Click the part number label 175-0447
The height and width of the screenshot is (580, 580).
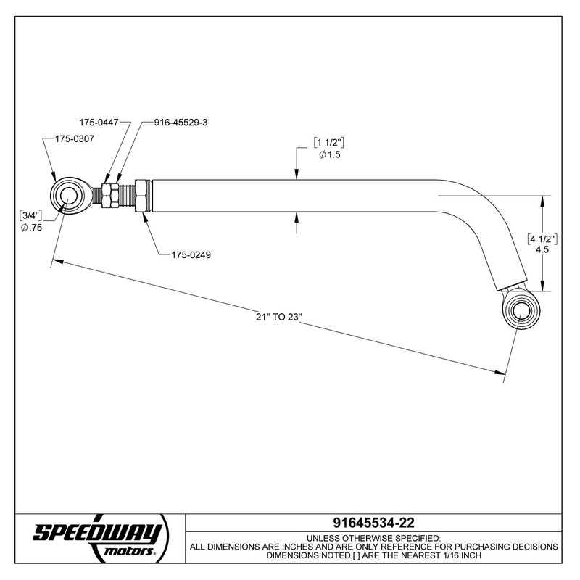click(99, 123)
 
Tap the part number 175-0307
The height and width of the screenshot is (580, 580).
click(75, 138)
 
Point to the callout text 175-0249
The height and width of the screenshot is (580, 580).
click(191, 254)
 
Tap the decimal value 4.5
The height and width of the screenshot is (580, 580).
click(541, 250)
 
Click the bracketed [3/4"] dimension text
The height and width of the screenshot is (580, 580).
click(31, 215)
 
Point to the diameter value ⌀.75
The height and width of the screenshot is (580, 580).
click(32, 228)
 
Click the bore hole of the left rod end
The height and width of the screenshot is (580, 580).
click(69, 196)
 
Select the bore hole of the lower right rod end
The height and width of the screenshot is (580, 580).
click(521, 310)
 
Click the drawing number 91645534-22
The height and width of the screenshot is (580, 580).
click(373, 523)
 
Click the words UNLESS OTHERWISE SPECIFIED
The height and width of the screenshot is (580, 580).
click(373, 537)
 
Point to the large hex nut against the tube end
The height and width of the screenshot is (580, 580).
click(141, 196)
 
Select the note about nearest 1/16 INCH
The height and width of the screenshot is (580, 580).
click(373, 555)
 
